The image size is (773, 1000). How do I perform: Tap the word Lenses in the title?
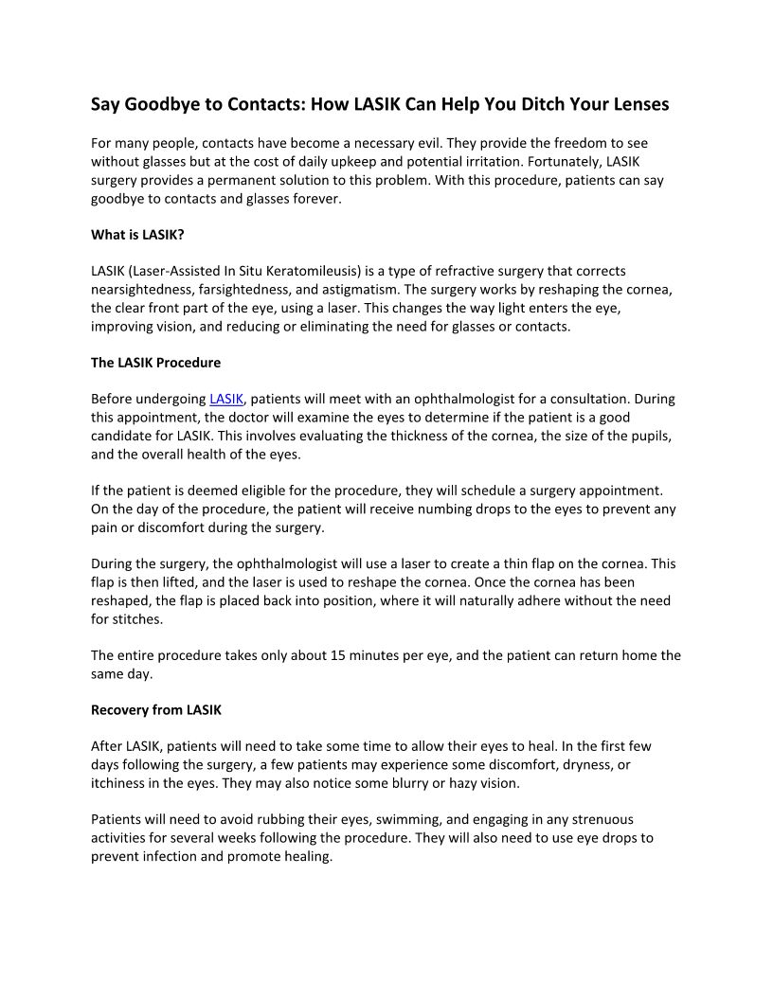point(640,105)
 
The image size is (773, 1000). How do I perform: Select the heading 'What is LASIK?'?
point(137,234)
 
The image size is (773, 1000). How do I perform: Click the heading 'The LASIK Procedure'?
point(155,363)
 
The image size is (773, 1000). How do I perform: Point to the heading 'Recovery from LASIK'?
point(155,709)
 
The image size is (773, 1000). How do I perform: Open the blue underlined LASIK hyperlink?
point(226,399)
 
